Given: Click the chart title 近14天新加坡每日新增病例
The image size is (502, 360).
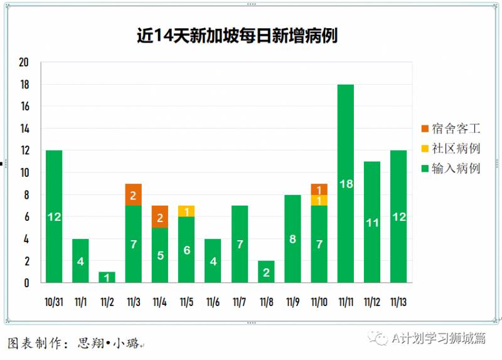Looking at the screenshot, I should pos(237,36).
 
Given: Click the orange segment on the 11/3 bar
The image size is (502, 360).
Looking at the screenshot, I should pos(134,194).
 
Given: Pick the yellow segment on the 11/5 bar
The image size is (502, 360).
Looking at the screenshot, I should pos(186,211).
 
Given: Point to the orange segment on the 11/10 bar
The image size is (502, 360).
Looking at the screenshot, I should pos(319,189).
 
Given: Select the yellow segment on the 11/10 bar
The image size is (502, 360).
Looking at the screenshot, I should pos(319,200).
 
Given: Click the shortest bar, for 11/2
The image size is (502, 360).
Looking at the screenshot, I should pos(107,277).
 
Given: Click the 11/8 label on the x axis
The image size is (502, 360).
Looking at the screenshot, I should pos(265,302).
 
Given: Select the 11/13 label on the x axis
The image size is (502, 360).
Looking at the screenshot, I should pos(398,302).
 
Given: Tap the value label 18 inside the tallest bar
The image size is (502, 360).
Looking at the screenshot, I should pos(346,184).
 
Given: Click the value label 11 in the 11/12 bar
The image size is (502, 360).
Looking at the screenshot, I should pos(372,222).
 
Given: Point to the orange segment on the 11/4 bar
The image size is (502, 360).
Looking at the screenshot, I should pos(160,216).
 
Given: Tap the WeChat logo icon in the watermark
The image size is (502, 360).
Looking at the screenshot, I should pos(378,339).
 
